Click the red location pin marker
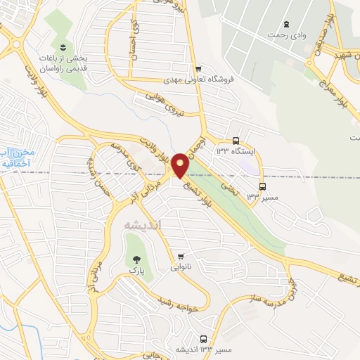pos(180,166)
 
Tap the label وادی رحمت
pos(286,34)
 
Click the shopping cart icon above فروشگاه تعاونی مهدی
pos(199,68)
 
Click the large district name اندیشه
pos(142,224)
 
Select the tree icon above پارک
pos(131,259)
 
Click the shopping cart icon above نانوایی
pos(182,256)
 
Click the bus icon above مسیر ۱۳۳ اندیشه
pos(204,338)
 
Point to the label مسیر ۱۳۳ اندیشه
pos(205,349)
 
